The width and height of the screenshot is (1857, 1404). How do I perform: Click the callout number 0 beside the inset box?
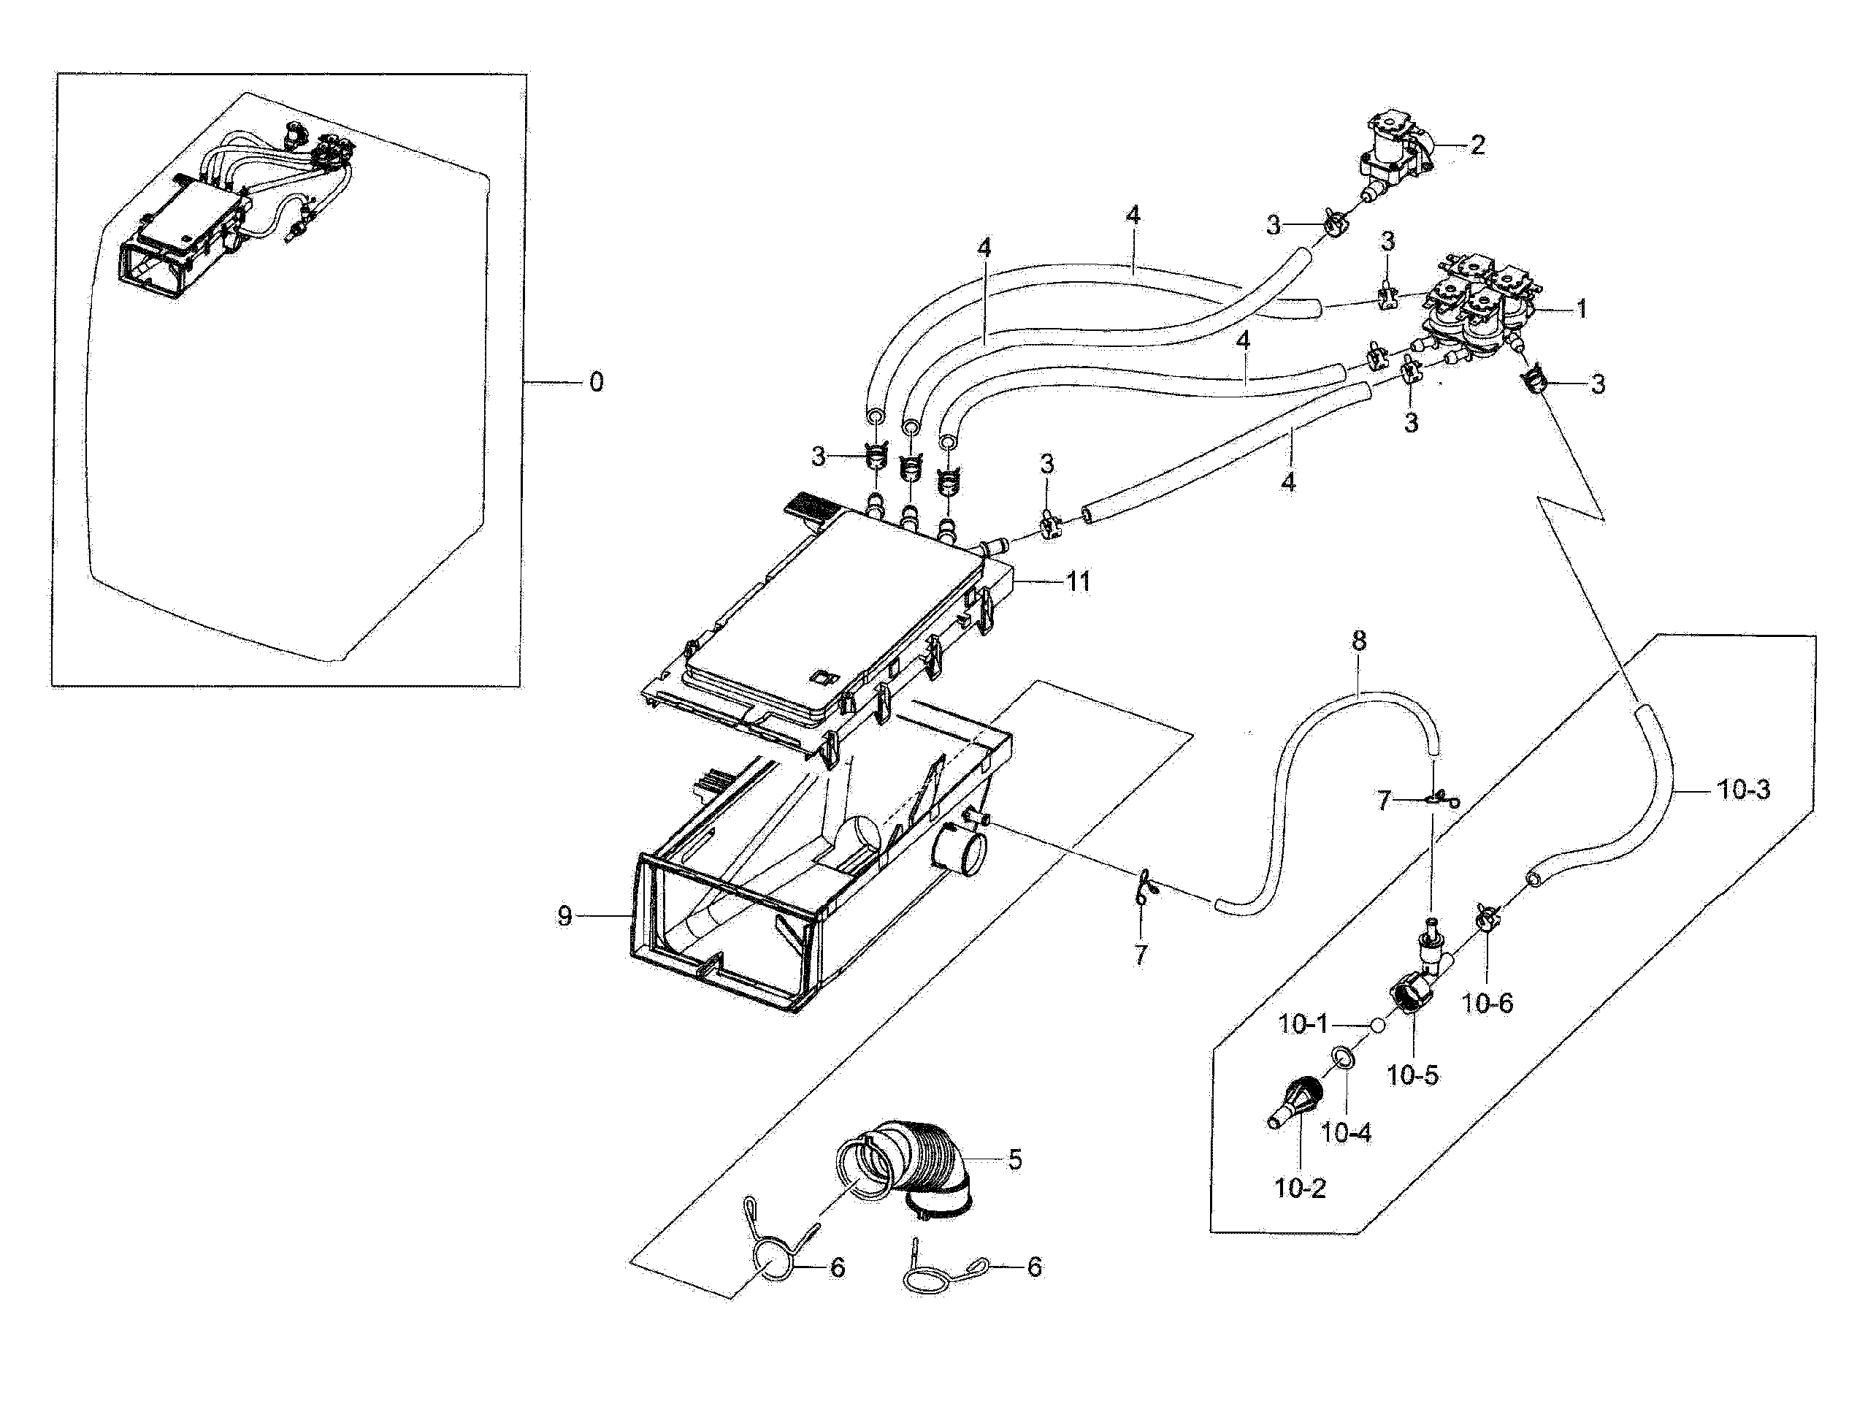595,383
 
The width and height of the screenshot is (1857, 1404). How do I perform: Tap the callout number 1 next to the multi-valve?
1582,310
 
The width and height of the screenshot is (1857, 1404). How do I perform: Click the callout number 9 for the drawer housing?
565,916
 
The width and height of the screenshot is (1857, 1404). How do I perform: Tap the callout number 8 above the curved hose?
1358,641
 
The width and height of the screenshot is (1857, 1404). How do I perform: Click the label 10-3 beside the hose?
1744,790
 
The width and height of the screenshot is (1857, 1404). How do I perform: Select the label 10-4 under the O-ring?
1346,1133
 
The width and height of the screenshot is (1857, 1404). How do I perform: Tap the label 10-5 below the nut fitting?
1412,1075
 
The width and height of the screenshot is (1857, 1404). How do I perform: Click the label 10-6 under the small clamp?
1487,1003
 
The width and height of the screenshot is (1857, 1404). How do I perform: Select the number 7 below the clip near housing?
1139,955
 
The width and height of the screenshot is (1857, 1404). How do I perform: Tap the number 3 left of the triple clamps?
818,457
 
